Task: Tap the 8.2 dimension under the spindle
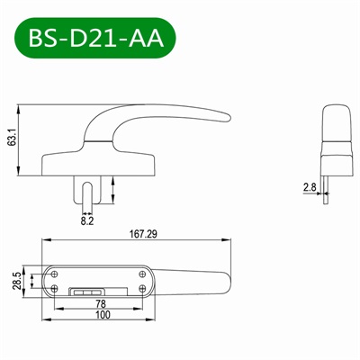(x=86, y=219)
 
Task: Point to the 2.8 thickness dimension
(x=309, y=187)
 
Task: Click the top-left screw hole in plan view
(x=56, y=271)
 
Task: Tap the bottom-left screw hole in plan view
(x=56, y=288)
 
